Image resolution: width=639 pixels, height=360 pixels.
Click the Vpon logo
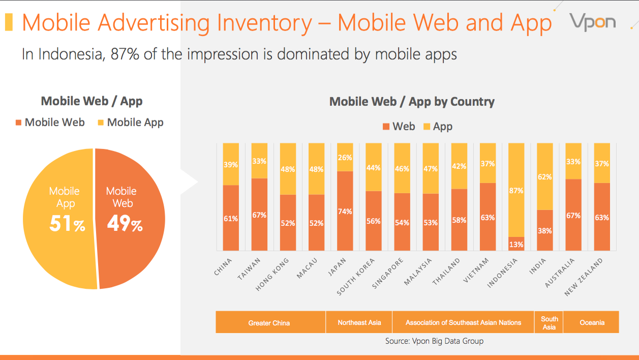[x=592, y=22]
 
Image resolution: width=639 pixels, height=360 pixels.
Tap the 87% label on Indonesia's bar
[x=516, y=191]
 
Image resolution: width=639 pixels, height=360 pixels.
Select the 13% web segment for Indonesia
[x=516, y=244]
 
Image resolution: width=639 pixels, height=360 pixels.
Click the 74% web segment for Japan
[x=345, y=211]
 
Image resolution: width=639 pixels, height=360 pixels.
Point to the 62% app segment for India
[x=544, y=177]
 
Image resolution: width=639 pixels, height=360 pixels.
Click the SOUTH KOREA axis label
[x=356, y=277]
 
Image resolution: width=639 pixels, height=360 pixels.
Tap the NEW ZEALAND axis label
[x=584, y=277]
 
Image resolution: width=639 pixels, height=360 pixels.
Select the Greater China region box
[x=269, y=322]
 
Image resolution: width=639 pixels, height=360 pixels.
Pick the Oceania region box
[x=592, y=322]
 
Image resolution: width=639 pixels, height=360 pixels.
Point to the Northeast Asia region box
[x=359, y=322]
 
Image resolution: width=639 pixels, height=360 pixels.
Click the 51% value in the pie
[x=67, y=224]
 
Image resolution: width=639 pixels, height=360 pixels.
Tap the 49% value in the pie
[x=125, y=224]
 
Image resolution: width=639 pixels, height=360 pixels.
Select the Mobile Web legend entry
[x=50, y=123]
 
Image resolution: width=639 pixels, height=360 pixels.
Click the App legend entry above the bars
[x=437, y=127]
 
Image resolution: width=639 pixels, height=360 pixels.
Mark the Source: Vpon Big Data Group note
[x=434, y=341]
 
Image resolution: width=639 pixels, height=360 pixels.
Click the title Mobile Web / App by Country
[x=412, y=102]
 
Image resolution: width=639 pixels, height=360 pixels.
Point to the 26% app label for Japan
[x=345, y=157]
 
